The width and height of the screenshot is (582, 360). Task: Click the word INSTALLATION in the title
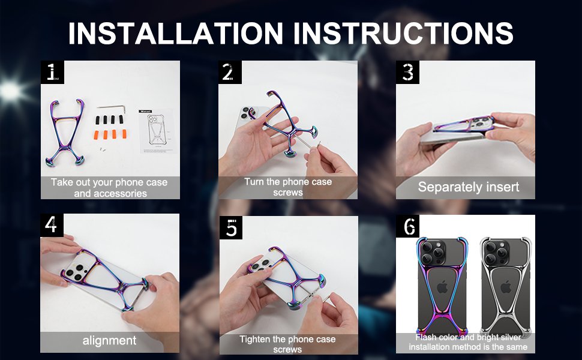point(176,33)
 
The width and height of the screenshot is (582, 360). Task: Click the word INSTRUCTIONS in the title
point(403,33)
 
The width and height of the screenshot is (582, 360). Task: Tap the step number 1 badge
point(52,72)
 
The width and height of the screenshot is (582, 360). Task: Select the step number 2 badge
point(230,72)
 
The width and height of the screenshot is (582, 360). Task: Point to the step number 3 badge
point(407,72)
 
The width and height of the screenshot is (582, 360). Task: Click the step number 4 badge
point(52,225)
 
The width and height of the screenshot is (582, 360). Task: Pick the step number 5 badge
point(231,227)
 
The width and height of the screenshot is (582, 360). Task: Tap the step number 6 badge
point(407,226)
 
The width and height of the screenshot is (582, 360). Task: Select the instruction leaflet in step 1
point(157,131)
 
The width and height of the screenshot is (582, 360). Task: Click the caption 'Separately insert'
point(469,187)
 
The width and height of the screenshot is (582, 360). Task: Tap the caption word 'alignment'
point(109,340)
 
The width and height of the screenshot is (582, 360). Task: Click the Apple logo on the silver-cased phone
point(506,287)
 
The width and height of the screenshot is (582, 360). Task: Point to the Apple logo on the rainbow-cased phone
point(442,287)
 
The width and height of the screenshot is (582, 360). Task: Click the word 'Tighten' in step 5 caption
point(254,339)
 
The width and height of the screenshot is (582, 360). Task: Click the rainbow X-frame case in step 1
point(65,132)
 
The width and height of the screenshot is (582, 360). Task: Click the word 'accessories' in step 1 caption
point(110,193)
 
